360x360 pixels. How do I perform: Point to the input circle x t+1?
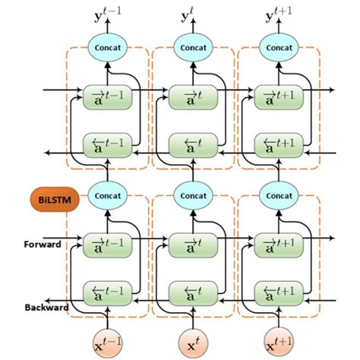(278, 339)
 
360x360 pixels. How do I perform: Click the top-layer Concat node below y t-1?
(106, 46)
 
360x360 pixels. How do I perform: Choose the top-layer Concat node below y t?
(192, 46)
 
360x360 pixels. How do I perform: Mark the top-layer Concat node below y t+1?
(279, 46)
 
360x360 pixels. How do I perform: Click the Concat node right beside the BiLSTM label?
(106, 195)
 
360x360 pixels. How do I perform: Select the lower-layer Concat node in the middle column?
(192, 195)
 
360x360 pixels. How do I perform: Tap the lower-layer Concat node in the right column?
(279, 195)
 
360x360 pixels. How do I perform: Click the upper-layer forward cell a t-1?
(106, 96)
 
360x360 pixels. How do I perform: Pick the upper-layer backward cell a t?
(192, 143)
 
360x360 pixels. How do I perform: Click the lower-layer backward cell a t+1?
(278, 292)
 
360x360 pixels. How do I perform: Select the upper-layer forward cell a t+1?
(278, 96)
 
